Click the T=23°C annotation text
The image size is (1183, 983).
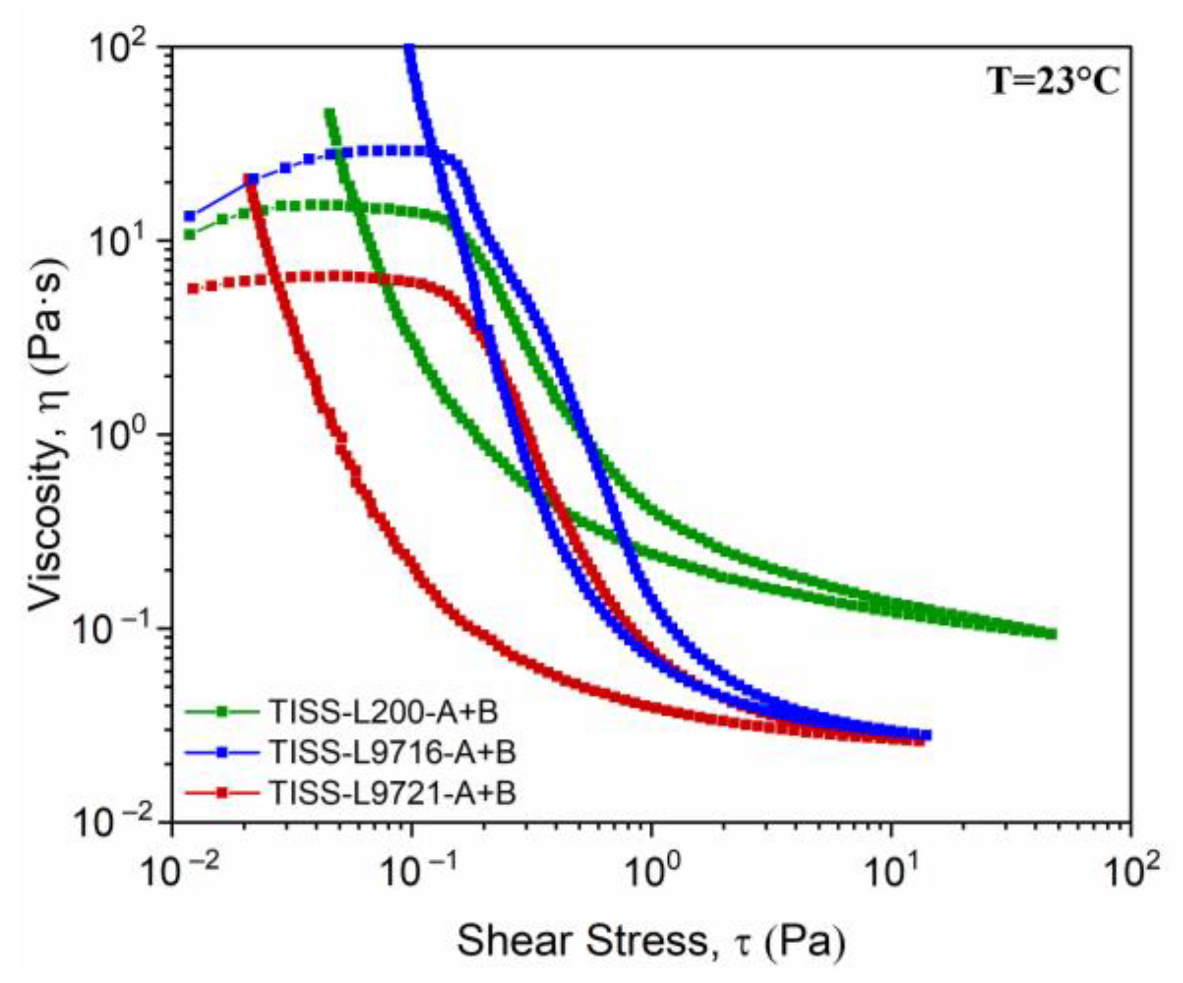(x=1053, y=82)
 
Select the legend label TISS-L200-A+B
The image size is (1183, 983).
(x=384, y=712)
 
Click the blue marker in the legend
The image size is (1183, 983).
(x=222, y=752)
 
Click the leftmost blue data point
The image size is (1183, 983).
(x=190, y=216)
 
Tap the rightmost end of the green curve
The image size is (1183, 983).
(x=1052, y=634)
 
